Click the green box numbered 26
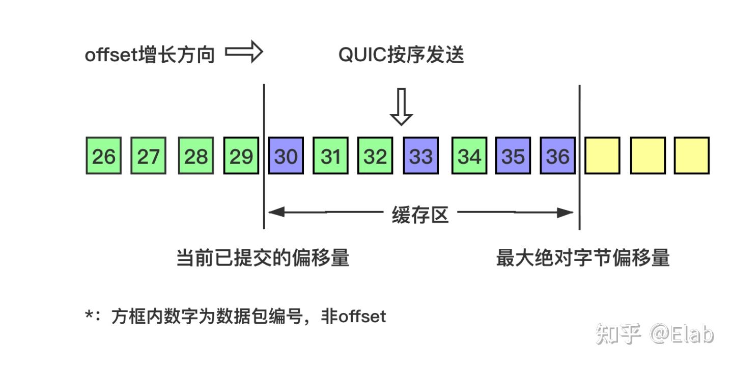[104, 156]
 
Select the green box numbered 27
[148, 156]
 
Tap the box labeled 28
[196, 156]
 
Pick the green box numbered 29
[241, 156]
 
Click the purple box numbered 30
[286, 156]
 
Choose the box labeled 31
[330, 156]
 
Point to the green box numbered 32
[375, 156]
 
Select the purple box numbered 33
[420, 156]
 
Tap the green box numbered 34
[469, 156]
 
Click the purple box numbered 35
[513, 156]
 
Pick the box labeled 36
[558, 156]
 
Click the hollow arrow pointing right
[244, 53]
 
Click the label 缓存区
[420, 215]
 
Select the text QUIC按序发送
[402, 55]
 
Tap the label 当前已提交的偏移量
[263, 258]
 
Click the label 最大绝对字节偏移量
[583, 258]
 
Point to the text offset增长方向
[150, 55]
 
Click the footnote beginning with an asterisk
[235, 317]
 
